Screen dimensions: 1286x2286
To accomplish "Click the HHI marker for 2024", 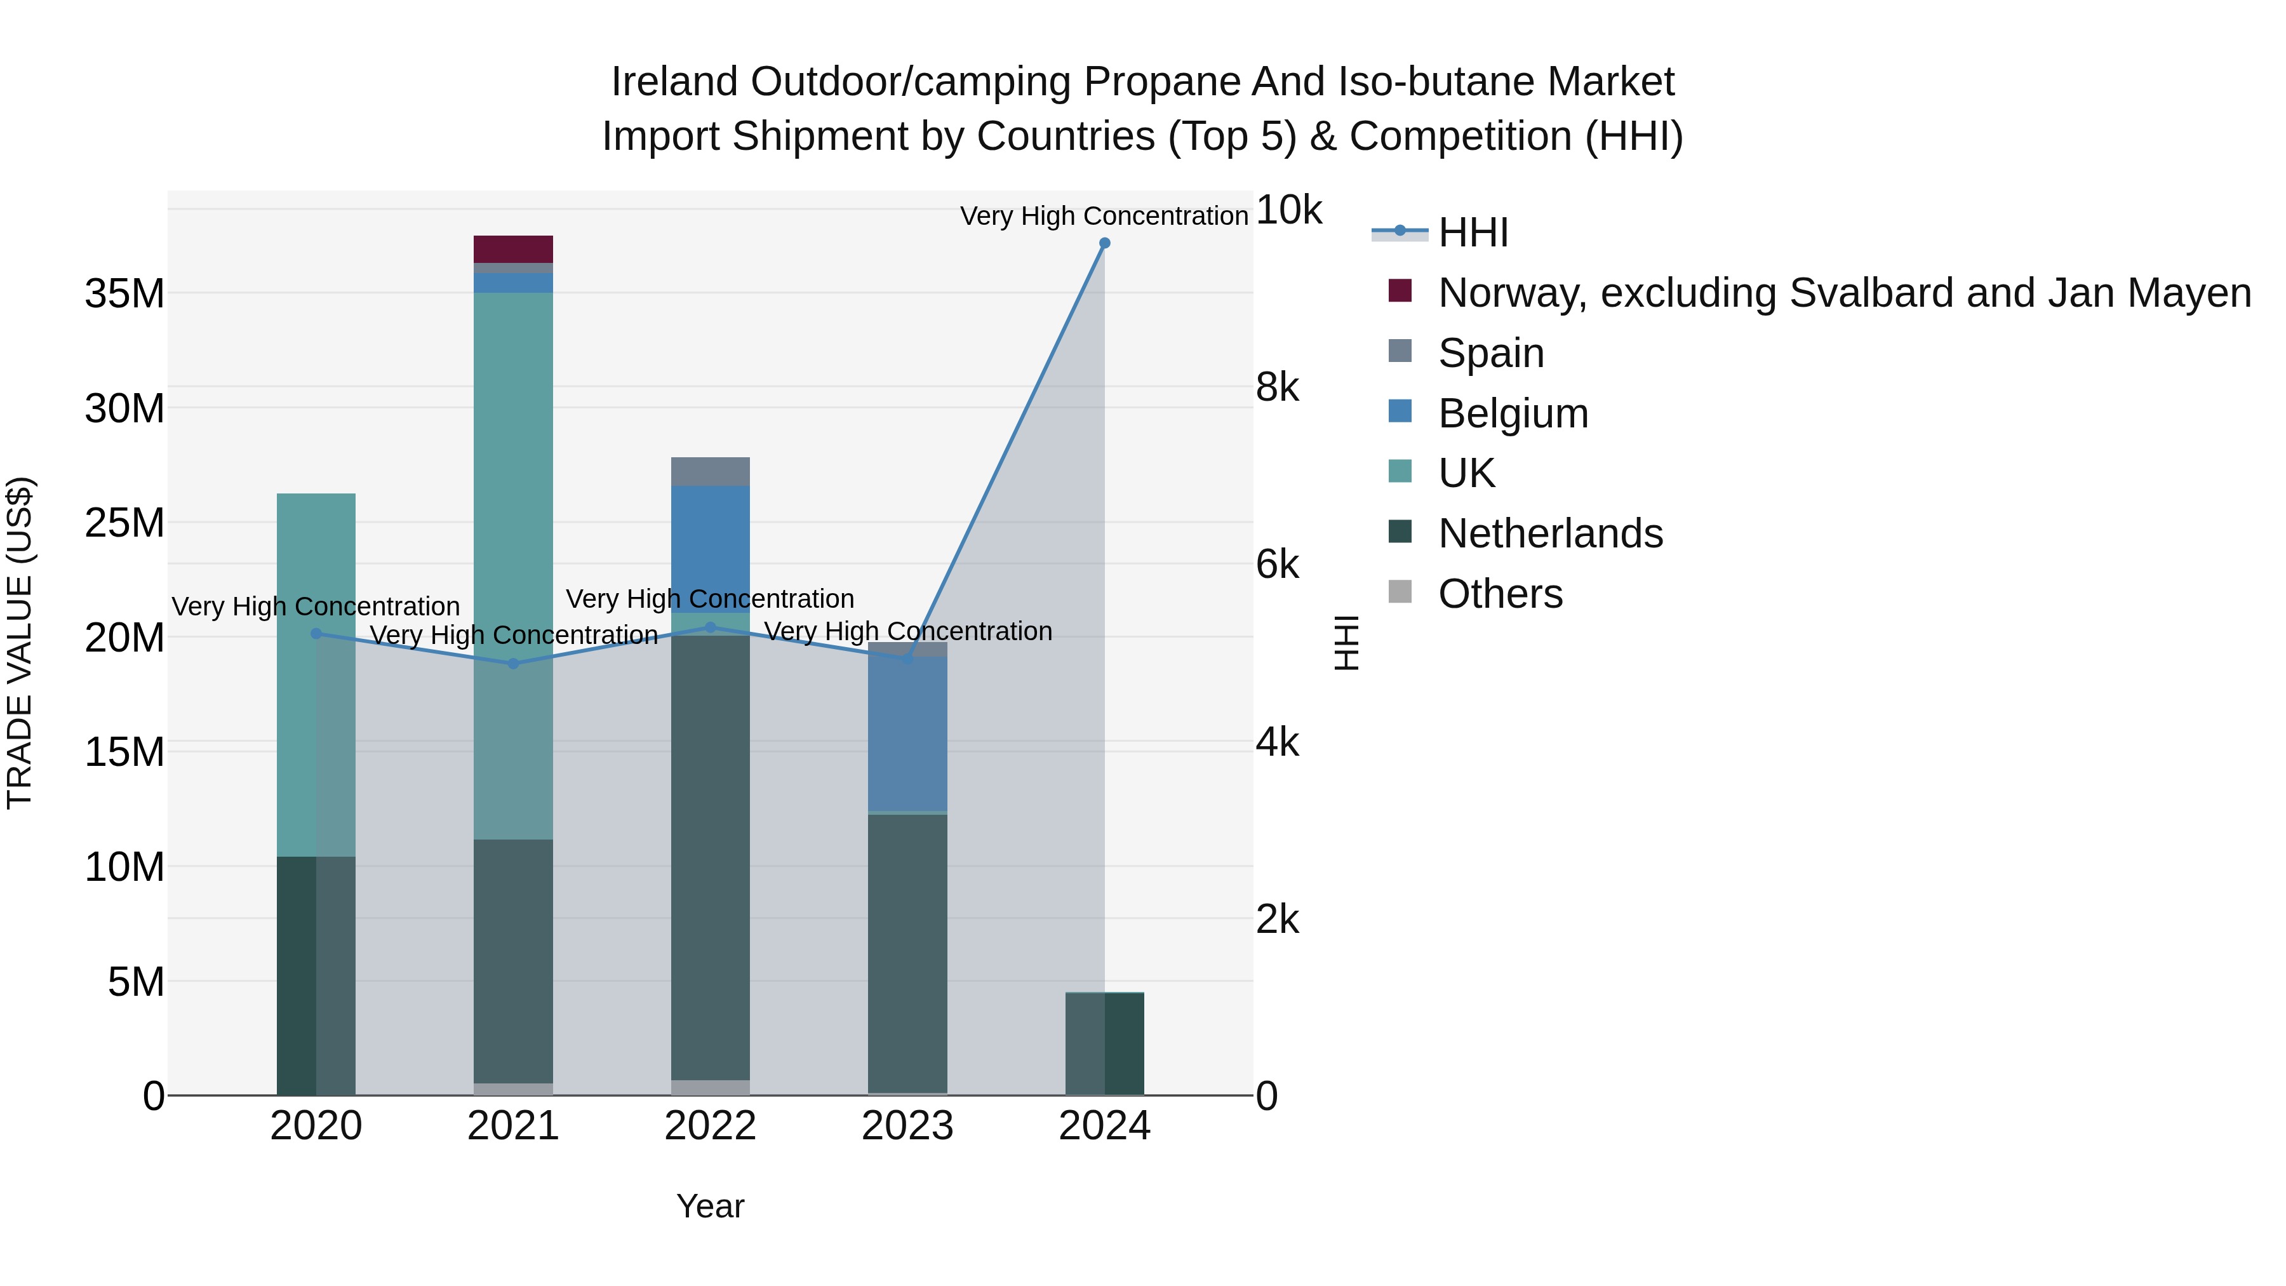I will point(1104,243).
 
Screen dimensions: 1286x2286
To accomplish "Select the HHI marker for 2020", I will point(316,634).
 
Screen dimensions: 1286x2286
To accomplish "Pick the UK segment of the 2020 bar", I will point(316,674).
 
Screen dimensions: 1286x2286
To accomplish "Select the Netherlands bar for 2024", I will point(1104,1043).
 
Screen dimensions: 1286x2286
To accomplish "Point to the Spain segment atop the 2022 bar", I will point(710,471).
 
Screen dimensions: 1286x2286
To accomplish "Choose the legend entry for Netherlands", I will point(1549,534).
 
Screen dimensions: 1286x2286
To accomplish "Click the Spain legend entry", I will point(1491,353).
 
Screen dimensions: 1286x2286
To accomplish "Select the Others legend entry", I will point(1500,594).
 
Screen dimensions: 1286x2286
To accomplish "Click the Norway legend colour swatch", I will point(1400,291).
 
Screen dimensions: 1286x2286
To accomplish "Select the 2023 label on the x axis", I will point(907,1126).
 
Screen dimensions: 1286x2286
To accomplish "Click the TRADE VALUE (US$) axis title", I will point(20,643).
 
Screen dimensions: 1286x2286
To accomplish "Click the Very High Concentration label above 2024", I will point(1104,217).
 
